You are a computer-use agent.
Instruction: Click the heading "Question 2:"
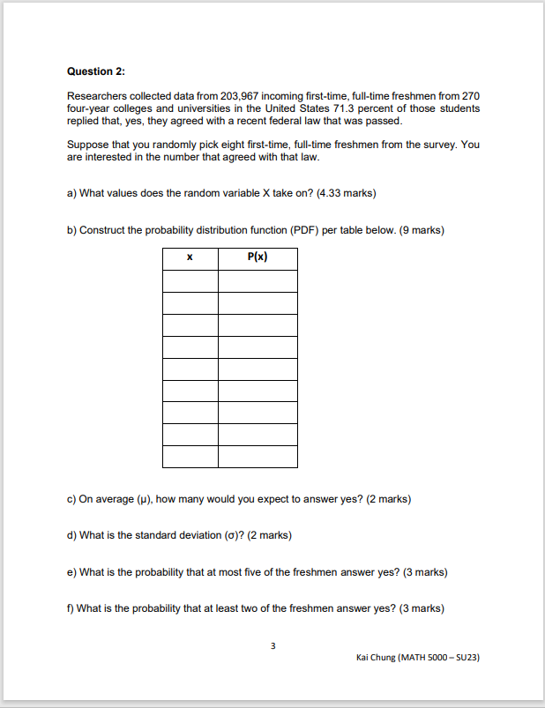coord(90,71)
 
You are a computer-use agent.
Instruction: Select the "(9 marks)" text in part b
coord(422,230)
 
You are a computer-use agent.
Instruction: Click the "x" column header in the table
coord(190,258)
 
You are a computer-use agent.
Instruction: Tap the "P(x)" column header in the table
coord(258,258)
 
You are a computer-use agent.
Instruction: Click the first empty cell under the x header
coord(190,281)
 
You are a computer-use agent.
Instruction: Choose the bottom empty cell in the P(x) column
coord(258,457)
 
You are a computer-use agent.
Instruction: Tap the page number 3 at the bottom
coord(272,646)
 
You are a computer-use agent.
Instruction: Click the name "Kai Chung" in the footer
coord(377,658)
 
